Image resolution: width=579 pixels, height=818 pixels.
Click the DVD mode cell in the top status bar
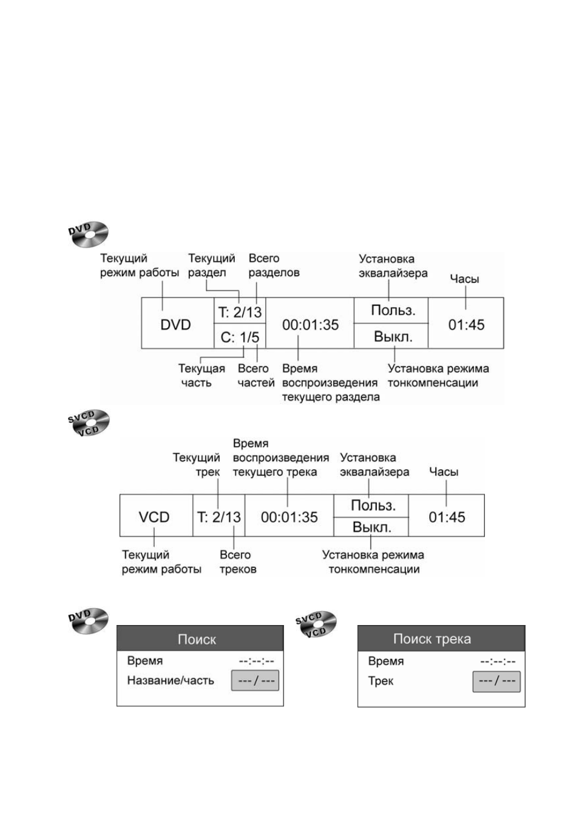[178, 323]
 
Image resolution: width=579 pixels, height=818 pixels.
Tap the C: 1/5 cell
[240, 336]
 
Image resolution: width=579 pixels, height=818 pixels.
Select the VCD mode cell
[157, 515]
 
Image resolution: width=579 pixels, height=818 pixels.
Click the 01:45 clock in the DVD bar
[466, 323]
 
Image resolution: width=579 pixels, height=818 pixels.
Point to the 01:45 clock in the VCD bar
[447, 515]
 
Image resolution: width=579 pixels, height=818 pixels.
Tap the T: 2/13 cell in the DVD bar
[240, 311]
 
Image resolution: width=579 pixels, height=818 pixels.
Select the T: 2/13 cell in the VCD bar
[219, 515]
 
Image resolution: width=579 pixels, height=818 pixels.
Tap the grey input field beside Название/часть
[255, 680]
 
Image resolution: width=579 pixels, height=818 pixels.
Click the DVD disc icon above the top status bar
[89, 234]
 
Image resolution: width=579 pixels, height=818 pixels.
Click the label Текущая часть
[201, 376]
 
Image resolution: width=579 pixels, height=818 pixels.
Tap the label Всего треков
[238, 562]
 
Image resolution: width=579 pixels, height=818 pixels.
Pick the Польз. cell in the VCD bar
[371, 505]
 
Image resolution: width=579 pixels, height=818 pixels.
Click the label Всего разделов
[274, 265]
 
